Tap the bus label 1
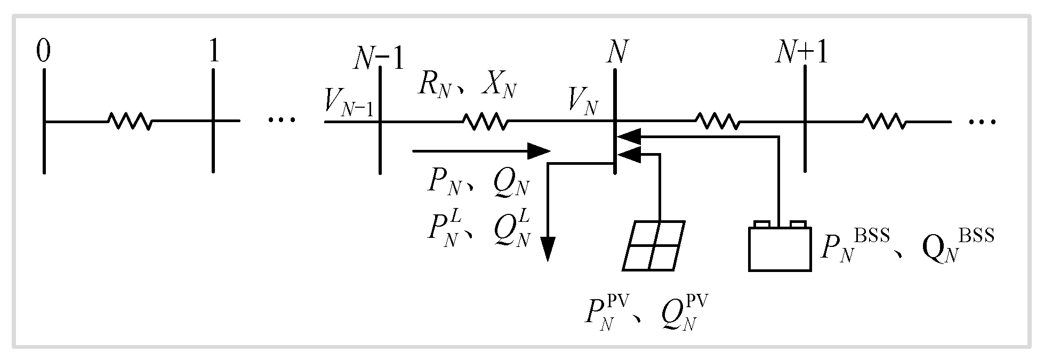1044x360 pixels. (x=214, y=53)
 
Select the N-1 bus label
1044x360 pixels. (x=379, y=60)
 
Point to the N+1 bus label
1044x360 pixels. (x=801, y=54)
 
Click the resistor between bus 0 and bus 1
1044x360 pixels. (x=130, y=121)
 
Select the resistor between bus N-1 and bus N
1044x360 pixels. (x=485, y=121)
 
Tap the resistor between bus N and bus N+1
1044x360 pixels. (x=717, y=121)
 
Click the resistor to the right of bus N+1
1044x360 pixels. (x=884, y=121)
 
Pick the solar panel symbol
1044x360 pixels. (x=654, y=246)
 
